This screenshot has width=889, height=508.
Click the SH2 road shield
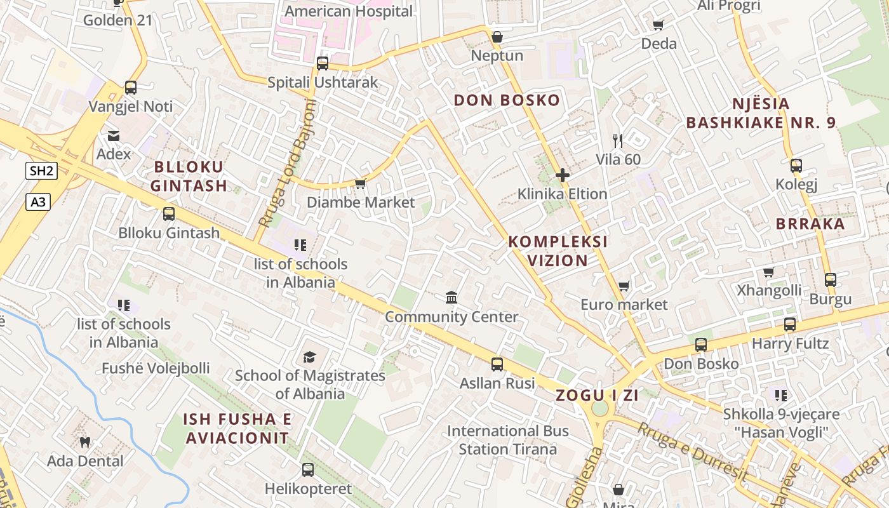click(x=42, y=170)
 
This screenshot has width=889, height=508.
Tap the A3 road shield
click(x=39, y=202)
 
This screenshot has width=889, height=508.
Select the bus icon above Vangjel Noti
click(x=131, y=88)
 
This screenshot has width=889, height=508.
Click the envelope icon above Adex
click(x=114, y=135)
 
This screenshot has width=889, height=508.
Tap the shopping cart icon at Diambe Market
click(x=360, y=184)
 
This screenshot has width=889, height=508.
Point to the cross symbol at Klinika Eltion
click(x=563, y=175)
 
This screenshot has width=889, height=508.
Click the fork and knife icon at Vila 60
click(x=618, y=141)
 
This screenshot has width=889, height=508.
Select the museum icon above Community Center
click(x=451, y=297)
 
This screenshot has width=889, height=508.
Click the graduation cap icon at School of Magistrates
click(x=309, y=357)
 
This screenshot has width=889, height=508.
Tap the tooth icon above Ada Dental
click(x=85, y=442)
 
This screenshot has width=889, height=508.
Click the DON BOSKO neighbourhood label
click(x=507, y=100)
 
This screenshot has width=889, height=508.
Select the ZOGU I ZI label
click(x=597, y=395)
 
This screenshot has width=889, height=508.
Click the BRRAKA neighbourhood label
click(x=810, y=224)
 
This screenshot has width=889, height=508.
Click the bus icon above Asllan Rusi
click(x=497, y=364)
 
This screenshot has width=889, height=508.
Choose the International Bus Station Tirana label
click(x=508, y=440)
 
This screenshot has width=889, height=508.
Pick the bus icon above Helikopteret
click(x=308, y=470)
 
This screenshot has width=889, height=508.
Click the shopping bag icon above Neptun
click(x=497, y=37)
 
